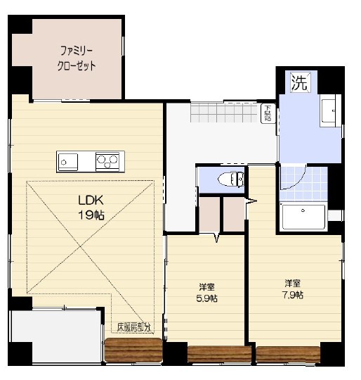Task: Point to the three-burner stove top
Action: click(108, 161)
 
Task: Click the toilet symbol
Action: click(230, 179)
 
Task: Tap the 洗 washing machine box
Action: click(299, 82)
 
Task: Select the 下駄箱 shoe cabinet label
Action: click(268, 113)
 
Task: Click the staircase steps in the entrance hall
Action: click(223, 112)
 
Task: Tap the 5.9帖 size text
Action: click(206, 298)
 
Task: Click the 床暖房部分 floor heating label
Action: click(133, 327)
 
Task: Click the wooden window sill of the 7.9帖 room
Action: click(287, 355)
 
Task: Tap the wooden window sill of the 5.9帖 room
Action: click(219, 355)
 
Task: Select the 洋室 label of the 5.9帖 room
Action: click(206, 286)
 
